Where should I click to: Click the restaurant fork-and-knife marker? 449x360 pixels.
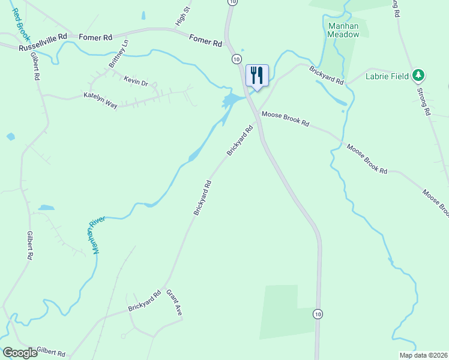(257, 75)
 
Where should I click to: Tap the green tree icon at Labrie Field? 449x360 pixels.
(418, 76)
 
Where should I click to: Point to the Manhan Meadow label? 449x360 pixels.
(343, 30)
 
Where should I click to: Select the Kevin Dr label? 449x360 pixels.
(136, 82)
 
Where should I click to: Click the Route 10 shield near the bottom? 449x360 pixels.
(318, 314)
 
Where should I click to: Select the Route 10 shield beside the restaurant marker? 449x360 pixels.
(237, 59)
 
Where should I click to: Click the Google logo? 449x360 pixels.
(19, 353)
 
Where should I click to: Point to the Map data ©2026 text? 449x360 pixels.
(423, 355)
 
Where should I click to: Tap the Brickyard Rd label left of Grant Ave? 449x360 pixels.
(144, 301)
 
